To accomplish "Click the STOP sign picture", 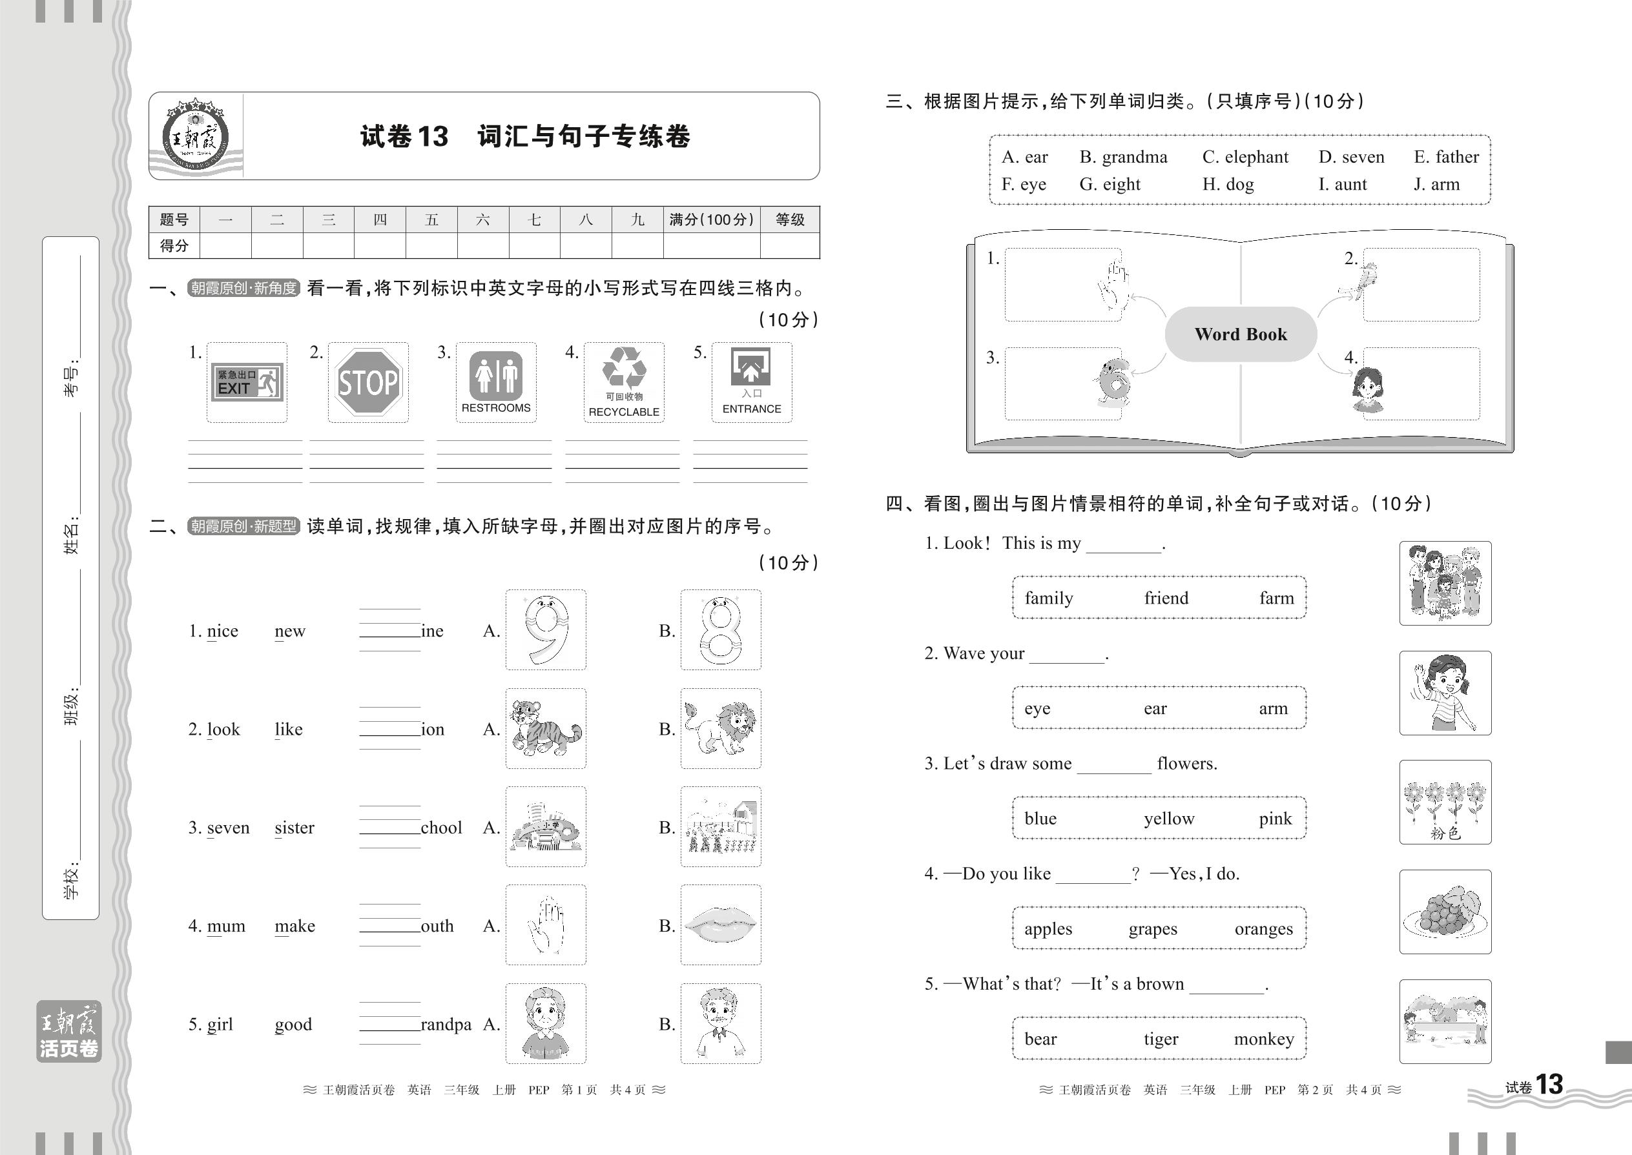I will click(368, 383).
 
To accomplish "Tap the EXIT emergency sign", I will click(247, 382).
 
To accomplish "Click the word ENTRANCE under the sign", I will click(751, 409).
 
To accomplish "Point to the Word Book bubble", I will click(1241, 334).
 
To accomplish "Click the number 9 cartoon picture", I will click(546, 630).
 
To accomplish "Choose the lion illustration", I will click(720, 728).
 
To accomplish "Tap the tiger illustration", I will click(546, 728).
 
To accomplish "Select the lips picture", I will click(720, 925).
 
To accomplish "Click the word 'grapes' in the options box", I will click(1153, 929).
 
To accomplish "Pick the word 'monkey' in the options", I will click(1263, 1039).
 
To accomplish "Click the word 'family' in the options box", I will click(1049, 598).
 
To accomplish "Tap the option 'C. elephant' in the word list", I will click(1245, 157).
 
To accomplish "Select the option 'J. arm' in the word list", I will click(1436, 185).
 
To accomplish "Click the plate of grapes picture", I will click(1445, 912).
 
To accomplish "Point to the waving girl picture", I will click(1445, 693).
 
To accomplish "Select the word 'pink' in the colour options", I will click(1275, 819).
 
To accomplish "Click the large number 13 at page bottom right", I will click(1549, 1085).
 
